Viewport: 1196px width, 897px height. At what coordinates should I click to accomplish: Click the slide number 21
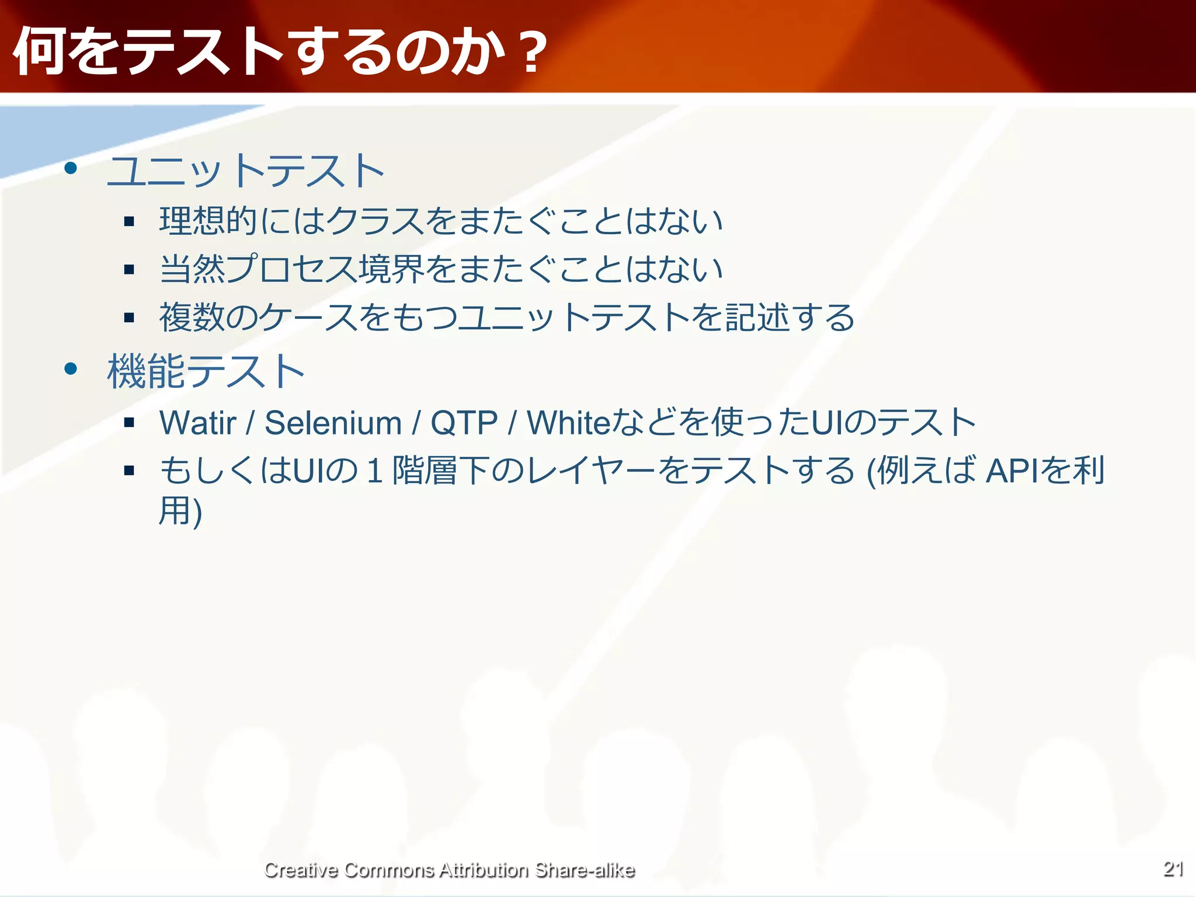(x=1173, y=869)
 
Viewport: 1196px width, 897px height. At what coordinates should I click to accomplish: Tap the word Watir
(x=198, y=423)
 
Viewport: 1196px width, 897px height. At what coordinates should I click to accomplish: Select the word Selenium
(x=333, y=423)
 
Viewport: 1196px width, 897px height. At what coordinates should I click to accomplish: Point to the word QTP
(x=464, y=423)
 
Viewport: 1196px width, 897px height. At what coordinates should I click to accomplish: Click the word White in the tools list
(x=568, y=423)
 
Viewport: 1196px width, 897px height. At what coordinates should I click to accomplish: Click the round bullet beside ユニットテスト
(x=71, y=169)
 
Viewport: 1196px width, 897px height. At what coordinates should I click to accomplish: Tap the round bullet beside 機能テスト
(x=71, y=368)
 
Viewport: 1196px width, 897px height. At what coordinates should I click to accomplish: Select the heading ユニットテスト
(x=245, y=171)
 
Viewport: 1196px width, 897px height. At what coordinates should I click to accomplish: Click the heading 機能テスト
(x=206, y=371)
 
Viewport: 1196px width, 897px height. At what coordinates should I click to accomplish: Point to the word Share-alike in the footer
(x=585, y=870)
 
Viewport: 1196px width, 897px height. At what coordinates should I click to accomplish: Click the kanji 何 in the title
(x=38, y=53)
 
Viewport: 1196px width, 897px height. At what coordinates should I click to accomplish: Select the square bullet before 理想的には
(x=130, y=221)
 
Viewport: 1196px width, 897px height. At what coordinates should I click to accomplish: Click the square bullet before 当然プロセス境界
(x=130, y=270)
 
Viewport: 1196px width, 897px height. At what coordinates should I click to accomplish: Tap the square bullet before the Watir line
(x=130, y=423)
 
